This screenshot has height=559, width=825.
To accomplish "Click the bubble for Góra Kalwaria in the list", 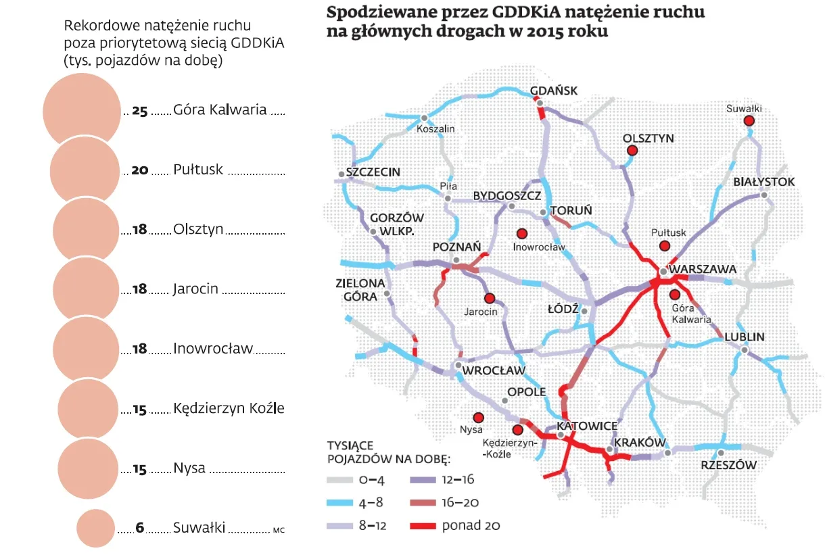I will (x=82, y=110).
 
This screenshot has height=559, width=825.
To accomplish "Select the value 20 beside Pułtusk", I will (x=140, y=170).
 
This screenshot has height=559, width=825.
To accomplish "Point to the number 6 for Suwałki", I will (x=141, y=528).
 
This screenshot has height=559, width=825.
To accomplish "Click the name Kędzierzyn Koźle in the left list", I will (x=229, y=408).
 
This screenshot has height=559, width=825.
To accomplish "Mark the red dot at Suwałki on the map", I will (x=749, y=120).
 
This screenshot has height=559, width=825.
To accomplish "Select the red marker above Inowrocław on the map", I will (x=521, y=233).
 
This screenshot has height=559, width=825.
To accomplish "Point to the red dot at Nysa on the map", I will (x=479, y=417).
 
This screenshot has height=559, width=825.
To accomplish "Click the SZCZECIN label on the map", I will (x=373, y=172).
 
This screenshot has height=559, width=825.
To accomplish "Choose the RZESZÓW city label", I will (x=728, y=465).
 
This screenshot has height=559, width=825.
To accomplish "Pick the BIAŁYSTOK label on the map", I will (x=764, y=182).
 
